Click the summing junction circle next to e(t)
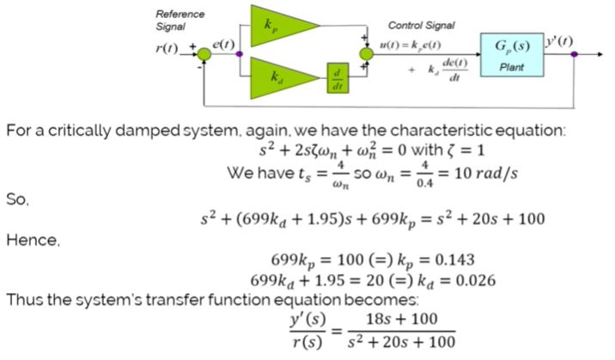coord(204,54)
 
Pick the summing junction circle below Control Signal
coord(367,54)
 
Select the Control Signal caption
coord(422,26)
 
